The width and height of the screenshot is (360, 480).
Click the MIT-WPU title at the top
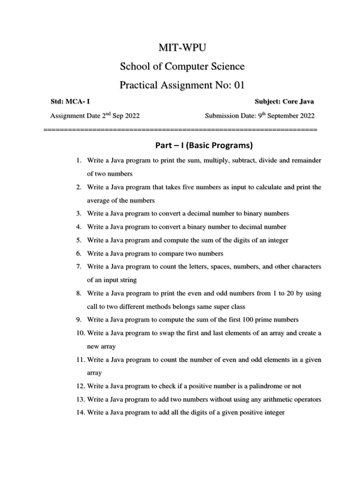point(182,47)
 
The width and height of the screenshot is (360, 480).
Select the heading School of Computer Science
point(182,67)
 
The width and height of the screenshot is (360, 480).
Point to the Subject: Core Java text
point(285,101)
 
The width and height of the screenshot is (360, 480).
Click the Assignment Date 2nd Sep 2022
point(95,116)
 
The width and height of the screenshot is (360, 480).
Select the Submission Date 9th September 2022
point(260,116)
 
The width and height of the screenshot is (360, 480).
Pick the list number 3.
point(79,213)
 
